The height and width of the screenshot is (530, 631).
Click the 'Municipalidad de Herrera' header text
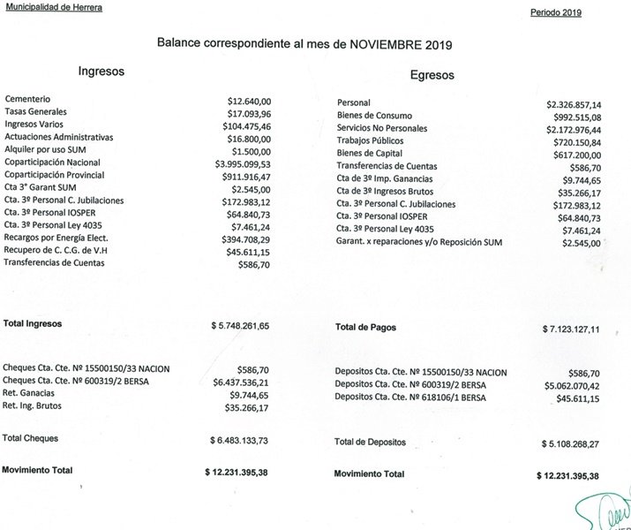click(52, 7)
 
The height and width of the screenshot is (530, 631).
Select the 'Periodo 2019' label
click(557, 13)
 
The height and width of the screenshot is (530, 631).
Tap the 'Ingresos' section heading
click(101, 70)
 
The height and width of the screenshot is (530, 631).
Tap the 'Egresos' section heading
click(432, 75)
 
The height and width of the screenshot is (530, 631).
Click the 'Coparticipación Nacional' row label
click(53, 163)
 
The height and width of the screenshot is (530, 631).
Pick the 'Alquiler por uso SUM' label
click(45, 150)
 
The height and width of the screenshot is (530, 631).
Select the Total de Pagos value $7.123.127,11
click(571, 329)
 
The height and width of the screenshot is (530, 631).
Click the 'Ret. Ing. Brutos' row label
click(35, 408)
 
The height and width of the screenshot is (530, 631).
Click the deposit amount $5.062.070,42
click(569, 385)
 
